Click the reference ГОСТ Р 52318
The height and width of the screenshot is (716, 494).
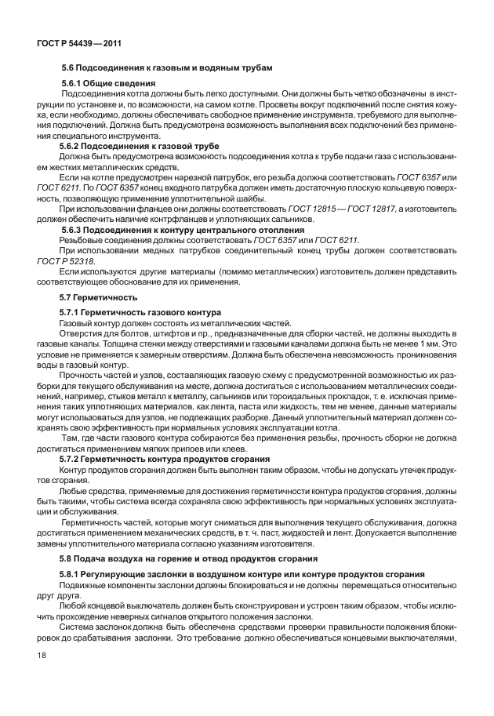point(66,260)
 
